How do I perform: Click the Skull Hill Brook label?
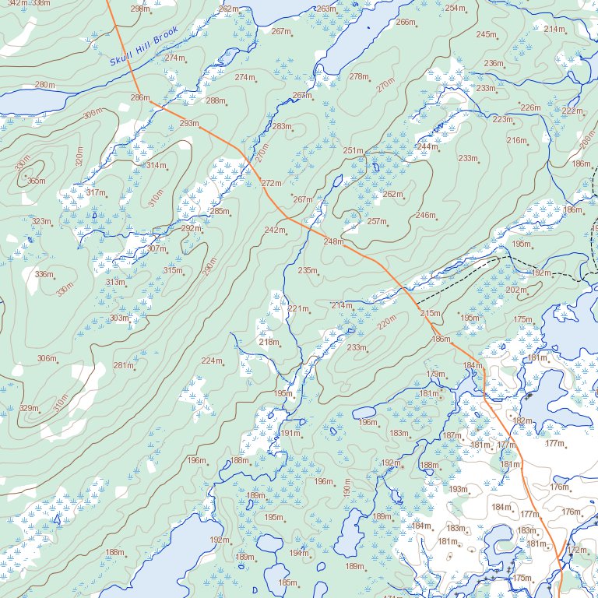[x=144, y=46]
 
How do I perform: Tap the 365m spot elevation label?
[x=36, y=181]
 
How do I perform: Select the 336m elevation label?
[x=44, y=274]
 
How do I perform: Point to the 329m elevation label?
[x=29, y=409]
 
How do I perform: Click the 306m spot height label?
[x=47, y=358]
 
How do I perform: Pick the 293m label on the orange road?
[x=188, y=123]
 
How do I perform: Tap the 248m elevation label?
[x=332, y=241]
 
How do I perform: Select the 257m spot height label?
[x=376, y=221]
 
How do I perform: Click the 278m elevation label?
[x=358, y=76]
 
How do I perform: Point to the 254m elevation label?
[x=455, y=8]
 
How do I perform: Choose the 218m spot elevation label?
[x=268, y=342]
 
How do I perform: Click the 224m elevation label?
[x=211, y=361]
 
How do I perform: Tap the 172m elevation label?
[x=576, y=550]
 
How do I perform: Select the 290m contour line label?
[x=208, y=266]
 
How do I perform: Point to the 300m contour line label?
[x=92, y=114]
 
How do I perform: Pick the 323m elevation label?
[x=41, y=221]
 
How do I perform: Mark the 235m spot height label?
[x=308, y=270]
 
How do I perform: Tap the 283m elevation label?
[x=281, y=126]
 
